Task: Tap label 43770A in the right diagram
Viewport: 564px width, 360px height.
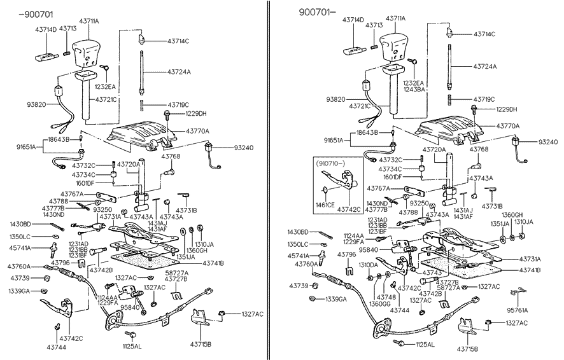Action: (507, 126)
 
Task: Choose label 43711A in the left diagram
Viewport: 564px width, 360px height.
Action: (88, 22)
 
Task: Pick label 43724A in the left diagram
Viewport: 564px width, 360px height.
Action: (180, 72)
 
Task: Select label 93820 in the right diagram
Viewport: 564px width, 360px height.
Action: (337, 99)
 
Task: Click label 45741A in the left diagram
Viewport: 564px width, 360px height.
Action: (19, 247)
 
